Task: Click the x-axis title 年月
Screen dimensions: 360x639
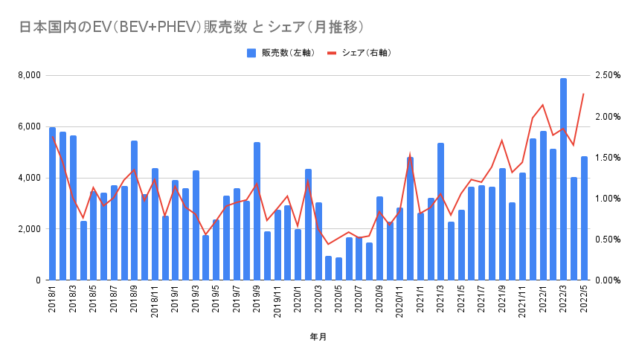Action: [318, 337]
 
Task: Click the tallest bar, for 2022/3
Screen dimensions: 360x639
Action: [564, 179]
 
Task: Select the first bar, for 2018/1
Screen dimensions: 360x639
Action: [53, 204]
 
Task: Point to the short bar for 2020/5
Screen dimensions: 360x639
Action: [338, 269]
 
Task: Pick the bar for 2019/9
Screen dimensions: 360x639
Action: [257, 211]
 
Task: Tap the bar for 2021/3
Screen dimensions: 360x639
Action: [441, 212]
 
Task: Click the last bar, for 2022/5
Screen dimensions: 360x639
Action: [584, 219]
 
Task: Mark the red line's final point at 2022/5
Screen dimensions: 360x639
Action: [584, 94]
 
